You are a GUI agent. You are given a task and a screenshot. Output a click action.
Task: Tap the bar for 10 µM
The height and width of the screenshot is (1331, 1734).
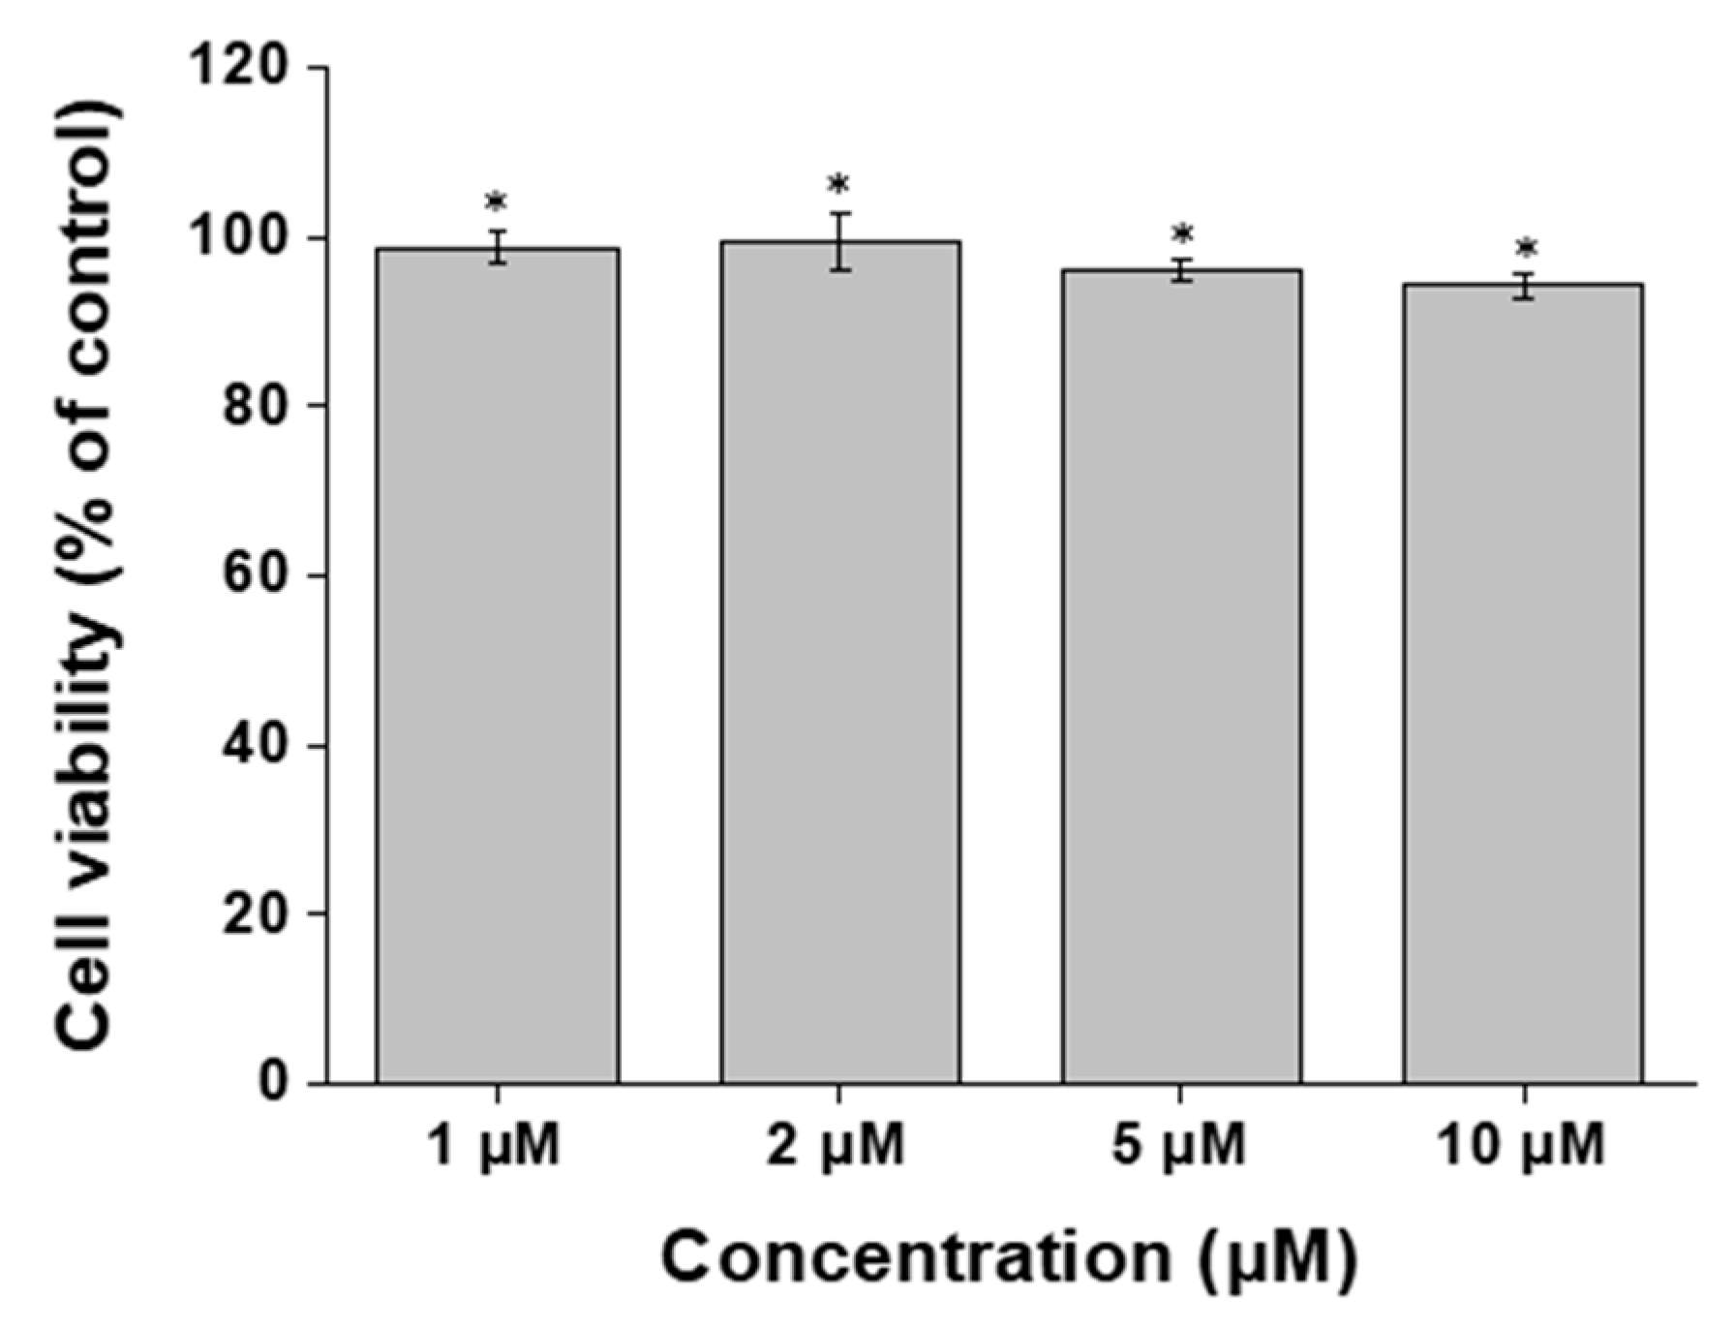click(x=1523, y=682)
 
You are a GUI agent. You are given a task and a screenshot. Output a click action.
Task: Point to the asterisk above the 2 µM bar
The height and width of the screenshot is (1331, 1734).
click(x=838, y=185)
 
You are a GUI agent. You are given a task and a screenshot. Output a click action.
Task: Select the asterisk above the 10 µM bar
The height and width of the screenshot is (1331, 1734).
click(x=1526, y=248)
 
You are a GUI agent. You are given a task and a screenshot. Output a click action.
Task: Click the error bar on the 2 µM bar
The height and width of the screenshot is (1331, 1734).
click(x=839, y=241)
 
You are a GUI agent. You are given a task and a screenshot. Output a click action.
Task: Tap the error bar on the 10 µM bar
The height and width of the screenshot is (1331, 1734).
click(x=1525, y=286)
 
